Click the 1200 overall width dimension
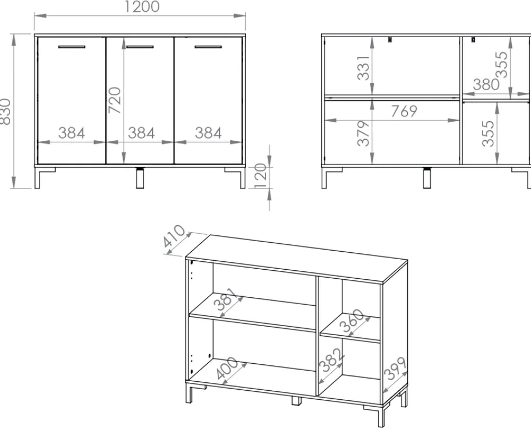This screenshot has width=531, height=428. pyautogui.click(x=142, y=7)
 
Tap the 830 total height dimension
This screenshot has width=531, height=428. pyautogui.click(x=6, y=112)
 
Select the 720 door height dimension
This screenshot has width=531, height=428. pyautogui.click(x=115, y=100)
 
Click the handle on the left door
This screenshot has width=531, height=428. pyautogui.click(x=72, y=47)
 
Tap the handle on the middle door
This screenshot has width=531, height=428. pyautogui.click(x=140, y=47)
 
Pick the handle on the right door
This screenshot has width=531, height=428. pyautogui.click(x=208, y=47)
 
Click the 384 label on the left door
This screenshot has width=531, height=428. pyautogui.click(x=72, y=133)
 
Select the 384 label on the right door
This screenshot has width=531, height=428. pyautogui.click(x=208, y=133)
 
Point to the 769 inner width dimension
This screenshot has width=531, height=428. pyautogui.click(x=404, y=111)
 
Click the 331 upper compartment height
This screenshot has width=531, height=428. pyautogui.click(x=363, y=68)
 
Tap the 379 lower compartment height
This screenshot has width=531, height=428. pyautogui.click(x=363, y=133)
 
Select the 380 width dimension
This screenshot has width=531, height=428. pyautogui.click(x=486, y=84)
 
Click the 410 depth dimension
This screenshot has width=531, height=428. pyautogui.click(x=174, y=236)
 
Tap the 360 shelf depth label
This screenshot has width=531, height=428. pyautogui.click(x=352, y=321)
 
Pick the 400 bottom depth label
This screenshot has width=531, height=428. pyautogui.click(x=227, y=368)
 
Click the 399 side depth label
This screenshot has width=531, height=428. pyautogui.click(x=396, y=369)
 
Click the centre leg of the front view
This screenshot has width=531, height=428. pyautogui.click(x=140, y=178)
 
